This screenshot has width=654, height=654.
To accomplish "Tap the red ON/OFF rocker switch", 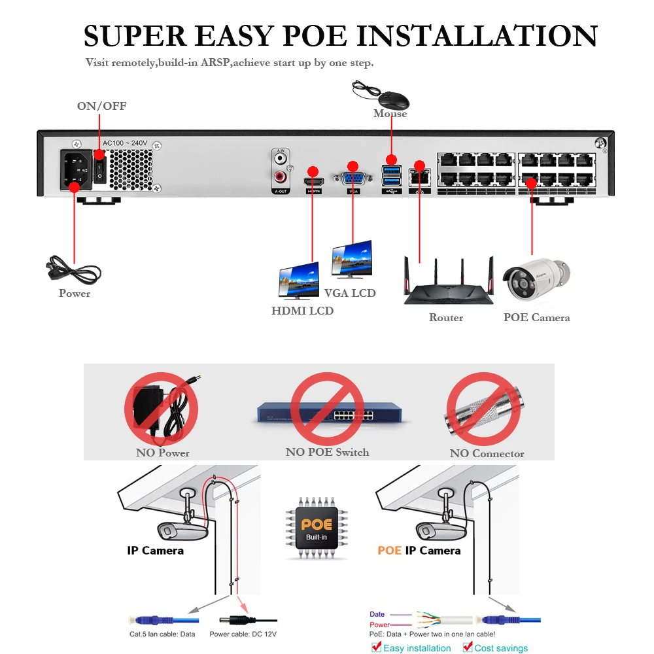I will pyautogui.click(x=98, y=168).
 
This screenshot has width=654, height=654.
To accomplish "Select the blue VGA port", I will pyautogui.click(x=353, y=178).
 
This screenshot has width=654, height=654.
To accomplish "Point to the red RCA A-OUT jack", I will pyautogui.click(x=281, y=176).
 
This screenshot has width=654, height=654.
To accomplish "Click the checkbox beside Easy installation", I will pyautogui.click(x=376, y=647).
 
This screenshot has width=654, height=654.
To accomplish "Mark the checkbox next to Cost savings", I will pyautogui.click(x=468, y=647).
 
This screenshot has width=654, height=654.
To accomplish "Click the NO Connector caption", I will pyautogui.click(x=487, y=453).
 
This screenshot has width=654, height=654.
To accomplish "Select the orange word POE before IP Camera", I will pyautogui.click(x=389, y=551).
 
